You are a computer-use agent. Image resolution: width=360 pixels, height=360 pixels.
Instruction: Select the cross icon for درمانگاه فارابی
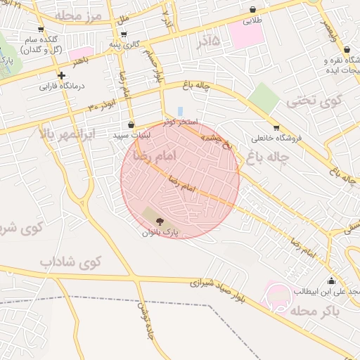click(62, 75)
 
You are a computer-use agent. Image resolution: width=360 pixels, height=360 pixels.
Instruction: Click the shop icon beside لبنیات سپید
click(131, 124)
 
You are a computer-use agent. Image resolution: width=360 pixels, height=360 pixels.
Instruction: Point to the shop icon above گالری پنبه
click(124, 34)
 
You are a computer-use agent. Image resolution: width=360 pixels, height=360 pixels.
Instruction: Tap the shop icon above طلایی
click(252, 10)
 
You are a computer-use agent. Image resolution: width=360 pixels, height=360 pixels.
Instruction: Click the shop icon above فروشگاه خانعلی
click(276, 128)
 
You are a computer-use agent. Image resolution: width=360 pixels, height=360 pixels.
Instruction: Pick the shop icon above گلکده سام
click(41, 30)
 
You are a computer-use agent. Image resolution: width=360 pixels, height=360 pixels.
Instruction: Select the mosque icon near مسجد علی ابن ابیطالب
click(331, 281)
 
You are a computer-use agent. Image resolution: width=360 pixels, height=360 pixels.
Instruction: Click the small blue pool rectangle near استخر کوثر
click(180, 111)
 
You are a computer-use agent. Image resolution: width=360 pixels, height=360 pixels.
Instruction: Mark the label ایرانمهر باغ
click(66, 131)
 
